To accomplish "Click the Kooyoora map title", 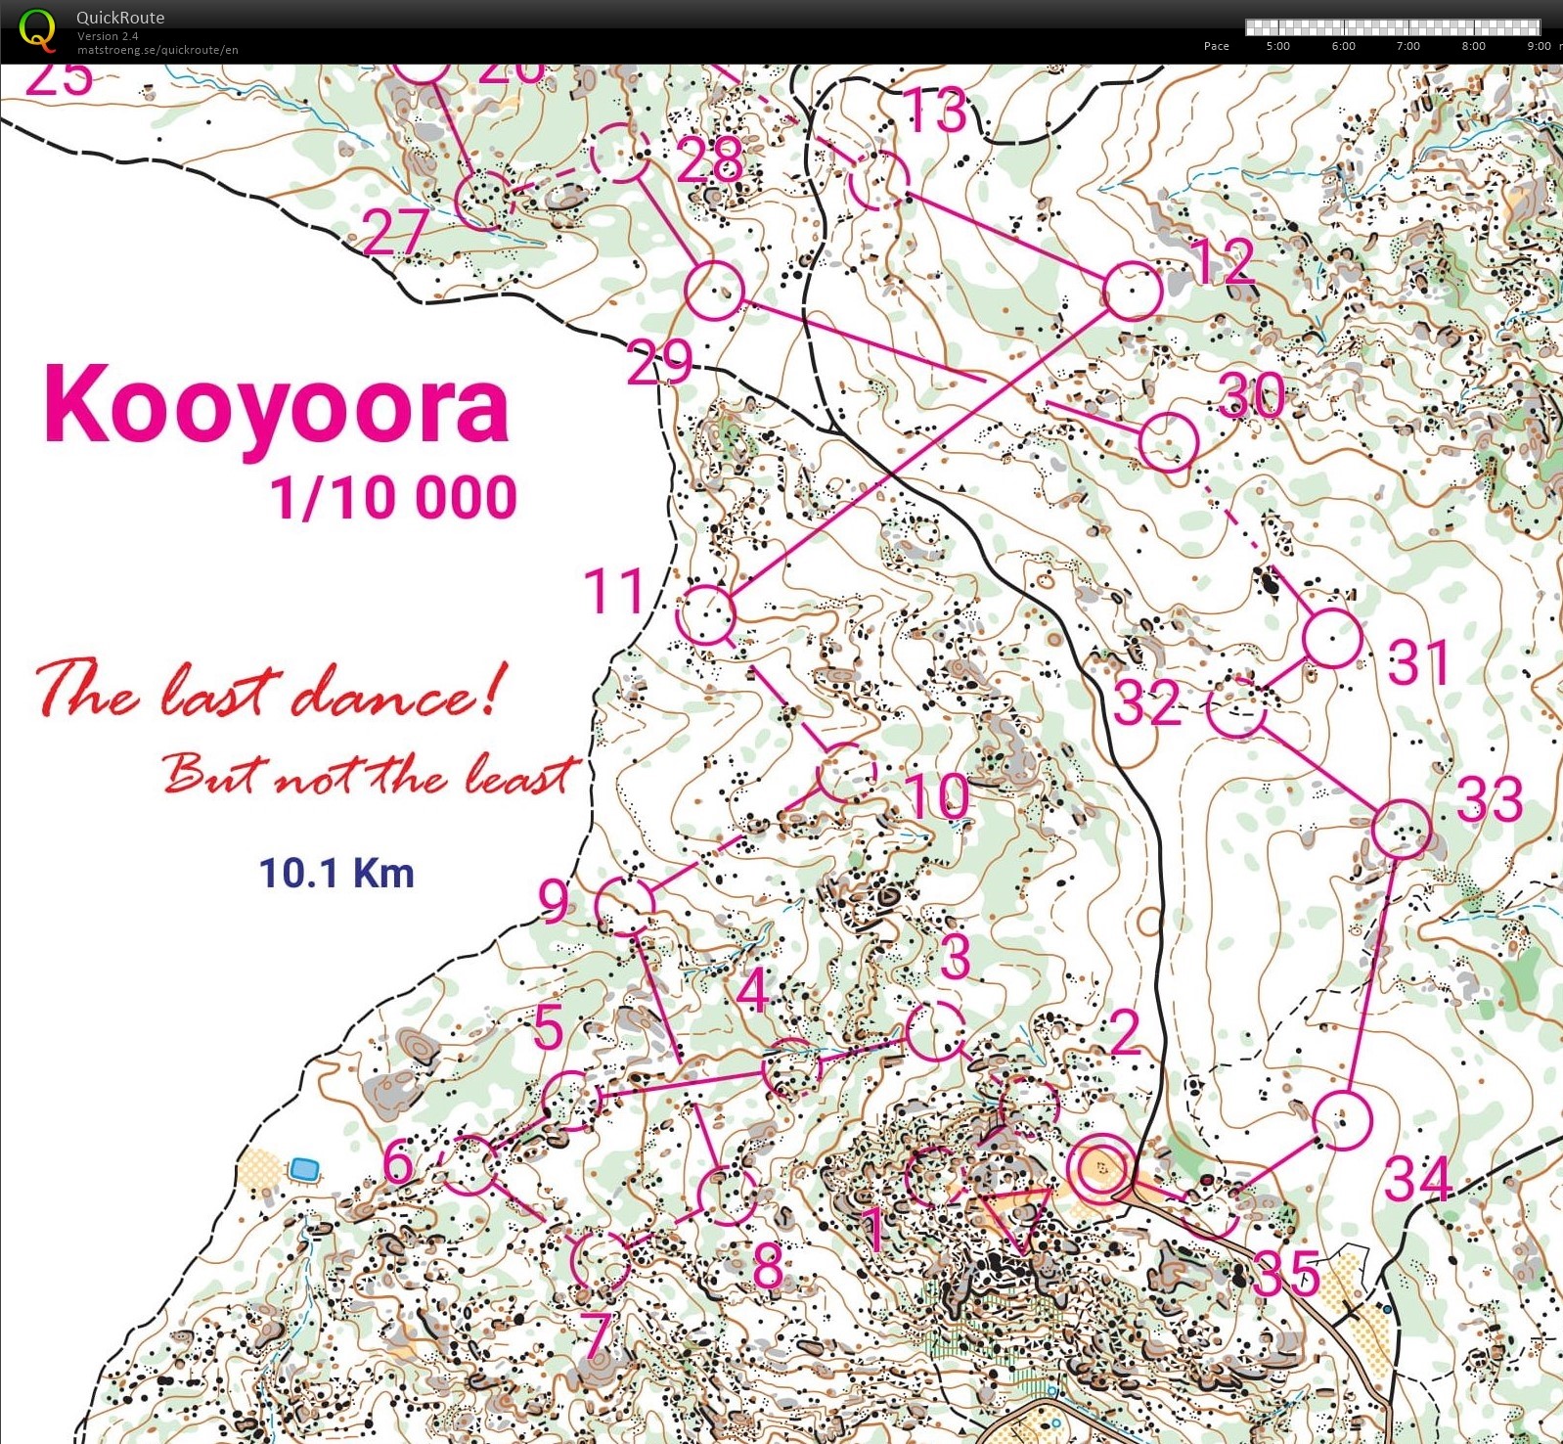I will [277, 405].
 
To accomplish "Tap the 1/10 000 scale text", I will [393, 497].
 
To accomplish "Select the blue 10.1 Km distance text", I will [336, 873].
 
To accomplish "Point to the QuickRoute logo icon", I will [37, 29].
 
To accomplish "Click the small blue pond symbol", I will [304, 1168].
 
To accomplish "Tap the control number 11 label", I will [613, 592].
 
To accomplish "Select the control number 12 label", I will [1223, 261].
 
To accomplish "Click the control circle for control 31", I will [1332, 638].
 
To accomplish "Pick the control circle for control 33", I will [1401, 829].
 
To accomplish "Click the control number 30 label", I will [1251, 395].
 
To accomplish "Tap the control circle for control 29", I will [714, 291].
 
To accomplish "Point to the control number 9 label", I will [554, 902].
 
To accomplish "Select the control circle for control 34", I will [1342, 1120].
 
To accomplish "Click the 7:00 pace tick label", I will [1407, 46].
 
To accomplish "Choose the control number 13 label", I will [935, 110].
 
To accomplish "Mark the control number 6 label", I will [398, 1163].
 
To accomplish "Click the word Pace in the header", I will [1216, 46].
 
